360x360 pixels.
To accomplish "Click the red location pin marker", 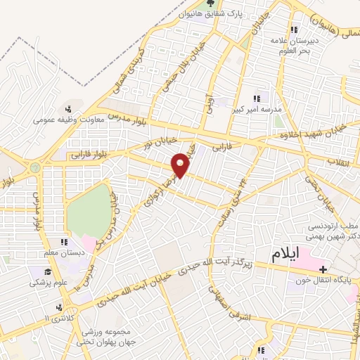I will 181,165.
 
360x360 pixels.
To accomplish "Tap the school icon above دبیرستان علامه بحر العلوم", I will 295,30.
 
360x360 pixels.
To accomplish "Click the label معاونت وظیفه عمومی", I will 69,120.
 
